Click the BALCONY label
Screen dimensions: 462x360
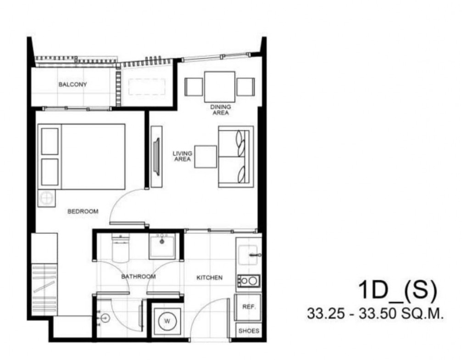73,84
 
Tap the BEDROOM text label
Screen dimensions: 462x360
83,211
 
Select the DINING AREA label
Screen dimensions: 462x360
221,110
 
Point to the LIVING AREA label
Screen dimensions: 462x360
183,156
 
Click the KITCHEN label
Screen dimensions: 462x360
210,277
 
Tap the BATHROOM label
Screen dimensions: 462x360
139,277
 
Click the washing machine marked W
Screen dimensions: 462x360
167,321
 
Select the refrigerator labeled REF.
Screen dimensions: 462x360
248,307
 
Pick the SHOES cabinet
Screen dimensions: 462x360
249,331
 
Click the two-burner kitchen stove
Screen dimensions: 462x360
249,281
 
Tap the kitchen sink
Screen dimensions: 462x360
248,255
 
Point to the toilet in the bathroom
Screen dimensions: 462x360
121,248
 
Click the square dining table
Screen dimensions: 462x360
220,87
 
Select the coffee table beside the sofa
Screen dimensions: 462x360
206,157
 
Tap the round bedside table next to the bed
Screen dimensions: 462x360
46,198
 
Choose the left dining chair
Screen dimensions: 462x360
194,87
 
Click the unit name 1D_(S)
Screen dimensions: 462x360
397,291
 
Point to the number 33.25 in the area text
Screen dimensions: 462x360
325,314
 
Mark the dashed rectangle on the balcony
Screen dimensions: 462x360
147,87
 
